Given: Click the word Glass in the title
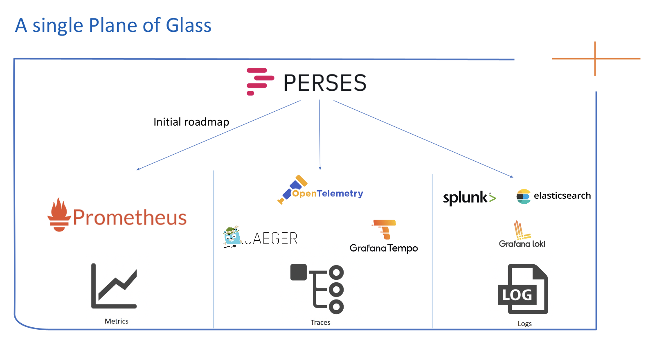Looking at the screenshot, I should click(189, 25).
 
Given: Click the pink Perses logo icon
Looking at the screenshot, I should click(259, 81).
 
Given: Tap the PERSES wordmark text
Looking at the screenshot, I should click(325, 83).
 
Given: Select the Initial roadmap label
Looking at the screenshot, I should click(191, 122).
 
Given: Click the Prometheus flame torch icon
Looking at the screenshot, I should click(59, 215).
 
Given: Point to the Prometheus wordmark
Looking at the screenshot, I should click(130, 217).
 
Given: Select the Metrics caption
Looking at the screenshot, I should click(117, 321).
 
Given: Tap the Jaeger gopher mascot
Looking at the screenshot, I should click(232, 236).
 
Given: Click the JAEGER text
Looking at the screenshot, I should click(271, 239).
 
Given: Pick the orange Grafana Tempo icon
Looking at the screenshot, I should click(385, 229).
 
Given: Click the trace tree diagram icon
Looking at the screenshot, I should click(317, 289).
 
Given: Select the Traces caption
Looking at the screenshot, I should click(320, 322).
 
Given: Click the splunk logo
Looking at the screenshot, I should click(469, 198).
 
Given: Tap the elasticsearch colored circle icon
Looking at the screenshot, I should click(523, 196).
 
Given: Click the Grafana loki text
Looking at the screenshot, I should click(522, 244).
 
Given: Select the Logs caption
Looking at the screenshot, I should click(524, 324).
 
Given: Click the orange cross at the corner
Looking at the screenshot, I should click(595, 59).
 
